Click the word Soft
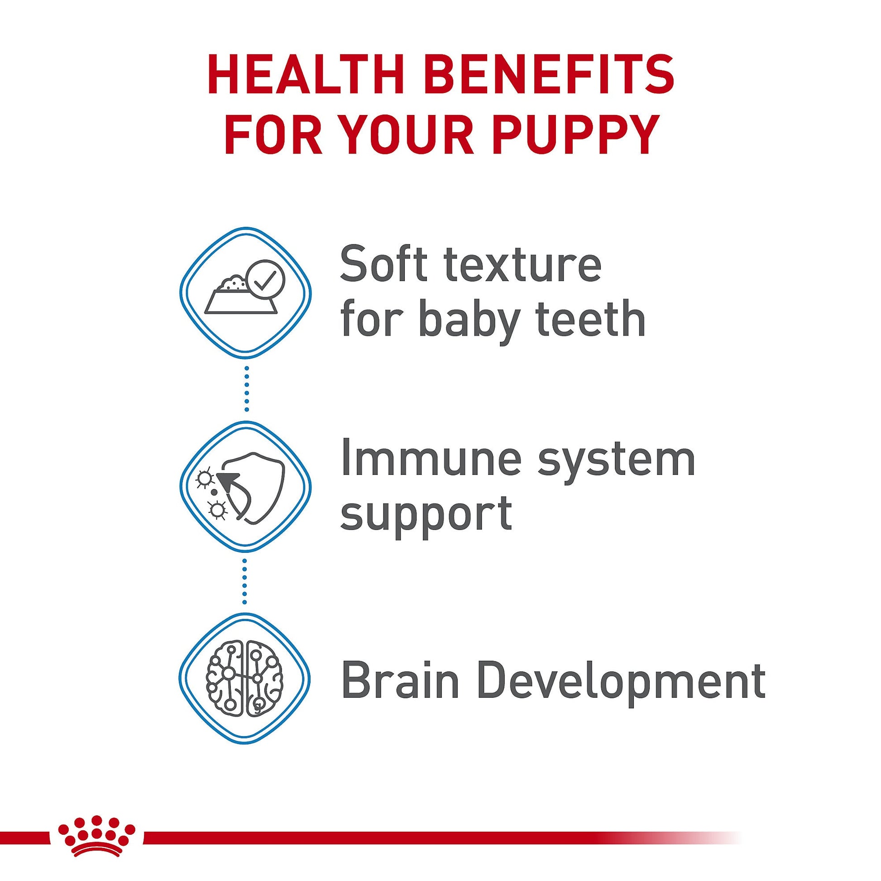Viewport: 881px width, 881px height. point(384,265)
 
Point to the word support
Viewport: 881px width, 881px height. point(426,514)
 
